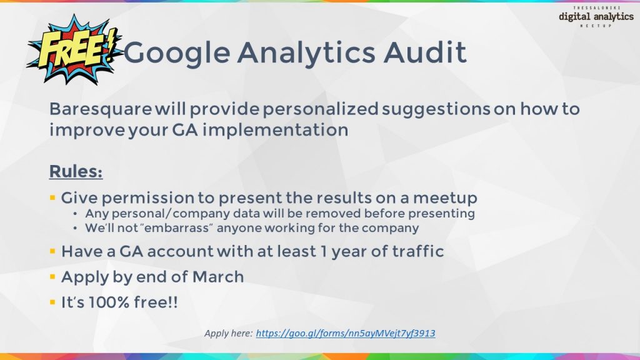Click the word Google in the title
(x=177, y=53)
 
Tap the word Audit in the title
(x=425, y=52)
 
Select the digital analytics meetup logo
(x=596, y=17)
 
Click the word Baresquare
(x=101, y=109)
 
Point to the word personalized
(x=321, y=109)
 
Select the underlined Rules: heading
(x=76, y=171)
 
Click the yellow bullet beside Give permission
(x=52, y=198)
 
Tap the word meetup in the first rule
(x=445, y=198)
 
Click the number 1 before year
(x=324, y=251)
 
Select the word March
(x=218, y=277)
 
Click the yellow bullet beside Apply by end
(x=52, y=277)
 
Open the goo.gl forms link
(x=345, y=334)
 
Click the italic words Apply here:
(x=229, y=334)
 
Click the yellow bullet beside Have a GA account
(x=52, y=251)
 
